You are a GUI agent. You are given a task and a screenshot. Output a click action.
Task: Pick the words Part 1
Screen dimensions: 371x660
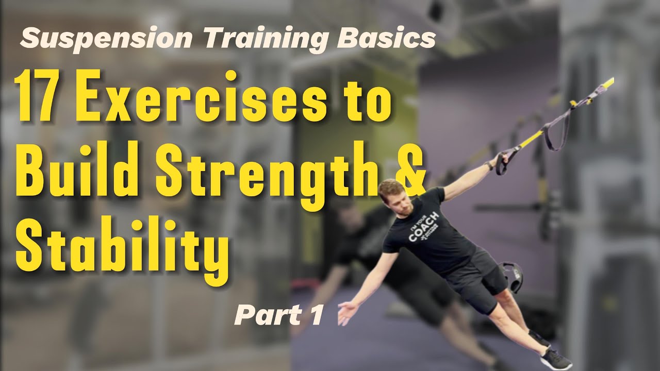(278, 315)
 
